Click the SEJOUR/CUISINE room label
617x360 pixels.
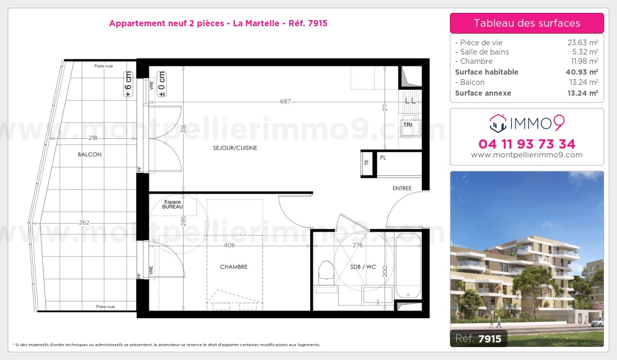point(235,148)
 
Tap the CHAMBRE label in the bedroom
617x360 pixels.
point(233,266)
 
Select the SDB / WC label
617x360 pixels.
point(363,266)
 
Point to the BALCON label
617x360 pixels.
point(89,154)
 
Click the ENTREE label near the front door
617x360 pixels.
point(402,188)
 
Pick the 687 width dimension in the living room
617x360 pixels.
point(285,101)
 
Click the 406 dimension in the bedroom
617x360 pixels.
point(229,245)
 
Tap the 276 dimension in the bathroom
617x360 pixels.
point(357,245)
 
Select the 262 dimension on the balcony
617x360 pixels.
point(84,223)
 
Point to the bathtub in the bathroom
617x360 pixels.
point(408,266)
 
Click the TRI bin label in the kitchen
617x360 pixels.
point(408,125)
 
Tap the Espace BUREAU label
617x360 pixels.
point(172,204)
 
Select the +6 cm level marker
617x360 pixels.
point(128,84)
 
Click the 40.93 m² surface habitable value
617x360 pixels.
point(582,72)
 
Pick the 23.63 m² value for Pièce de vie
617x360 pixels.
point(583,42)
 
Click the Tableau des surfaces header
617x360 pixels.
point(527,23)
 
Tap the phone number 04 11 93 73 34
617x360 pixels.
point(527,144)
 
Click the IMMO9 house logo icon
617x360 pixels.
point(498,123)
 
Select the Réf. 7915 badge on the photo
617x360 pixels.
point(479,338)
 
